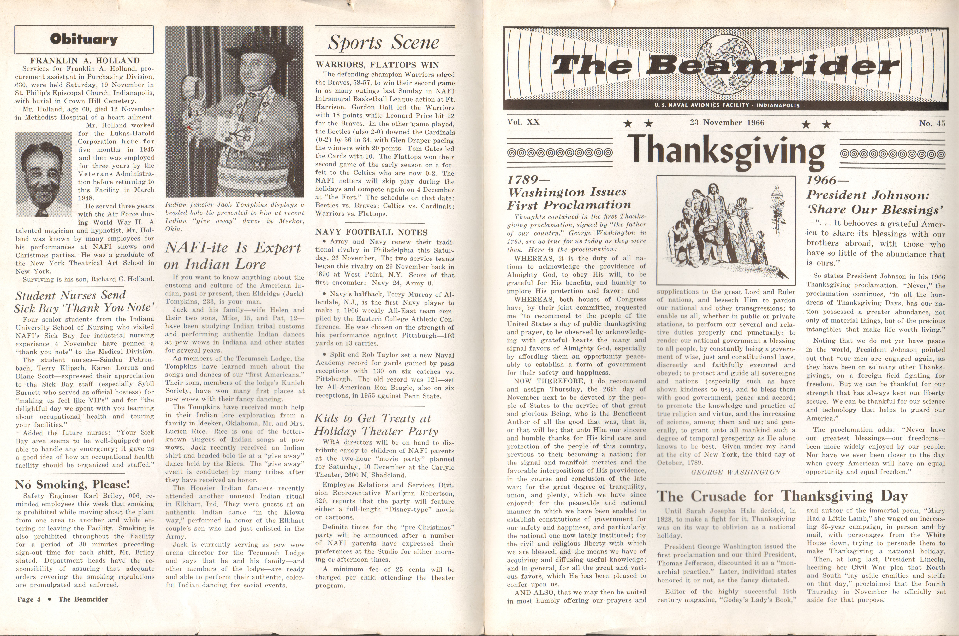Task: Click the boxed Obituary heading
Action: tap(84, 39)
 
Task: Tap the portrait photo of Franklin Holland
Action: tap(43, 174)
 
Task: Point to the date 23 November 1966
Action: tap(726, 122)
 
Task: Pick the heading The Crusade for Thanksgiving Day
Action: tap(782, 496)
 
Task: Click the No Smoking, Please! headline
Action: tap(72, 485)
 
